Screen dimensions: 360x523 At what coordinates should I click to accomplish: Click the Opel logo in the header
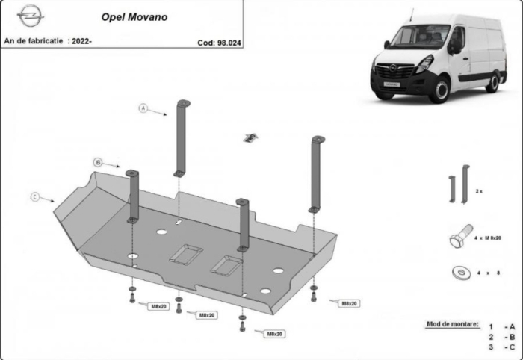[x=31, y=14]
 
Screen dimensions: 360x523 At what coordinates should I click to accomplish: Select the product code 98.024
[x=222, y=43]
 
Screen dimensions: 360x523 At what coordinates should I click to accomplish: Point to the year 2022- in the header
[x=80, y=42]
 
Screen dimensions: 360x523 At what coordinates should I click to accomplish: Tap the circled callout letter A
[x=143, y=108]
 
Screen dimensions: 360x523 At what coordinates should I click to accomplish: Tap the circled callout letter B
[x=98, y=161]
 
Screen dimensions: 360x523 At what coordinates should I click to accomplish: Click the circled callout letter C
[x=35, y=196]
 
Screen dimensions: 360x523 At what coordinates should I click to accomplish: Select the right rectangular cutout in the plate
[x=227, y=262]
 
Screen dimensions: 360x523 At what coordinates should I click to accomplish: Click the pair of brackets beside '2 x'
[x=458, y=184]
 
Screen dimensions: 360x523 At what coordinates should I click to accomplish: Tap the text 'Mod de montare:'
[x=452, y=324]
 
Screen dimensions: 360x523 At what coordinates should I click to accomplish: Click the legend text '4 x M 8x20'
[x=487, y=238]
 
